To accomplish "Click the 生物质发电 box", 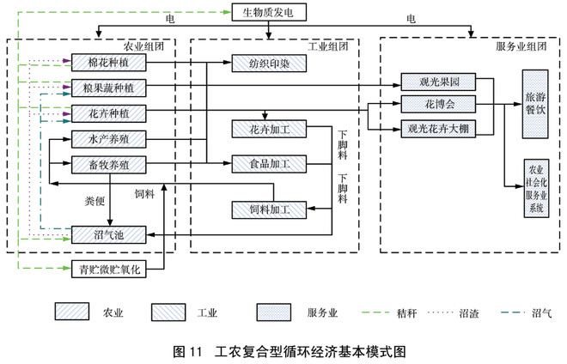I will pos(269,11).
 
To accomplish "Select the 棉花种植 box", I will pos(108,63).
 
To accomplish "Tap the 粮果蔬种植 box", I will pos(108,88).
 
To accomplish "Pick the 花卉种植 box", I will pos(108,112).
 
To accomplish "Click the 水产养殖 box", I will pos(108,138).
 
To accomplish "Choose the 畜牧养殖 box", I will pos(108,163).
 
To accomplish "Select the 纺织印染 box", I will pos(269,63).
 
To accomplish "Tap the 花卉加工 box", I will pos(269,128).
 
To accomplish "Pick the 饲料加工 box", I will pos(269,209).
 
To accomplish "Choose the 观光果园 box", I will pos(438,82).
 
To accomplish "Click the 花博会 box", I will pos(438,105).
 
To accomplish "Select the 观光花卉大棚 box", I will pos(438,129).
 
